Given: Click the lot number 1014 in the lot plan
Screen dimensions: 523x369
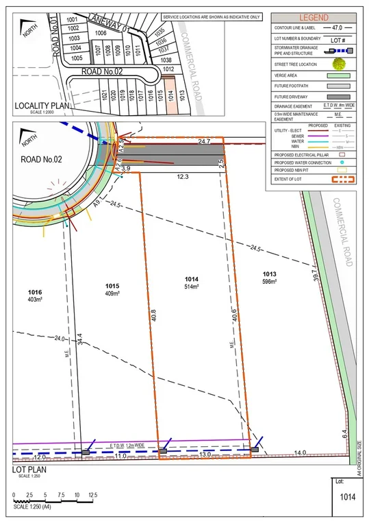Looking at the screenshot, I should (192, 279).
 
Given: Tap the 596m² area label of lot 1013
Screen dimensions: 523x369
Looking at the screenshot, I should (269, 282).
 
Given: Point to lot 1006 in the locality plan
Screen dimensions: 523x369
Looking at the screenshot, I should (101, 32).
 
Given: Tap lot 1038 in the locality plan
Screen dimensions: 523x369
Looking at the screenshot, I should (166, 60).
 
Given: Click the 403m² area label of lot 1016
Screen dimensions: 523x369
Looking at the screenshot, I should (35, 300).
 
